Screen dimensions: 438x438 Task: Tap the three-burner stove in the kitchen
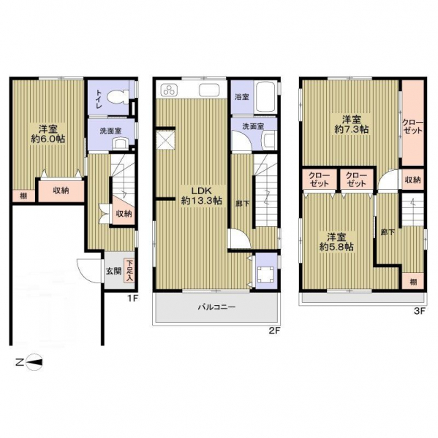click(169, 90)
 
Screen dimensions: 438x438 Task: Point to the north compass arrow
click(34, 363)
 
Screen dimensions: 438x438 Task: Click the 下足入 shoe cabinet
click(129, 271)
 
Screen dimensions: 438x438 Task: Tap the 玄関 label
click(113, 271)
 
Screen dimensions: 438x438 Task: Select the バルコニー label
click(217, 307)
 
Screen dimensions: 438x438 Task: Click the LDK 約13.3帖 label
click(202, 196)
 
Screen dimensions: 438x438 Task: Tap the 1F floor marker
click(133, 299)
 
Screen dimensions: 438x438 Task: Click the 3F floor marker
click(420, 311)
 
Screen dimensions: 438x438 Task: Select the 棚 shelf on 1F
click(24, 196)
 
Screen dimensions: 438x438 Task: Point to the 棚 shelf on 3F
click(413, 281)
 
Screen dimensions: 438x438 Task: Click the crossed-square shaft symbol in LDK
click(165, 140)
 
